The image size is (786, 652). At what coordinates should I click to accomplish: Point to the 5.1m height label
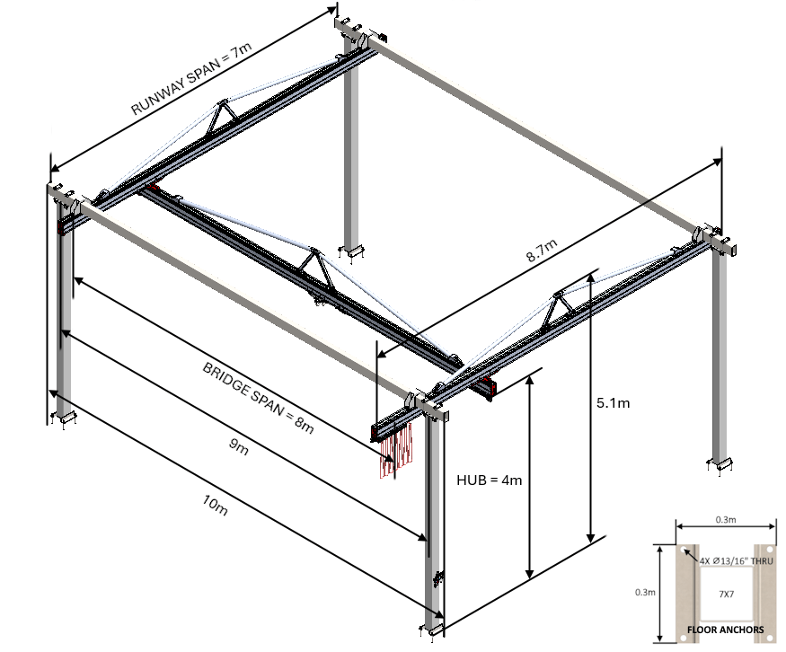[x=613, y=403]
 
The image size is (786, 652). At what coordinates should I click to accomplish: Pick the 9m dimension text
[x=237, y=448]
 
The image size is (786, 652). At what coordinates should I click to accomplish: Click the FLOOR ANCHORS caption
[x=725, y=630]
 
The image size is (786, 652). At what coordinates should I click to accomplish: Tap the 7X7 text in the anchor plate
[x=725, y=594]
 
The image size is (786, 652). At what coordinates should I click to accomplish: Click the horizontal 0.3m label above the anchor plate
[x=725, y=519]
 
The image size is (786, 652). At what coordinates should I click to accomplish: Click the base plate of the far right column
[x=724, y=463]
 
